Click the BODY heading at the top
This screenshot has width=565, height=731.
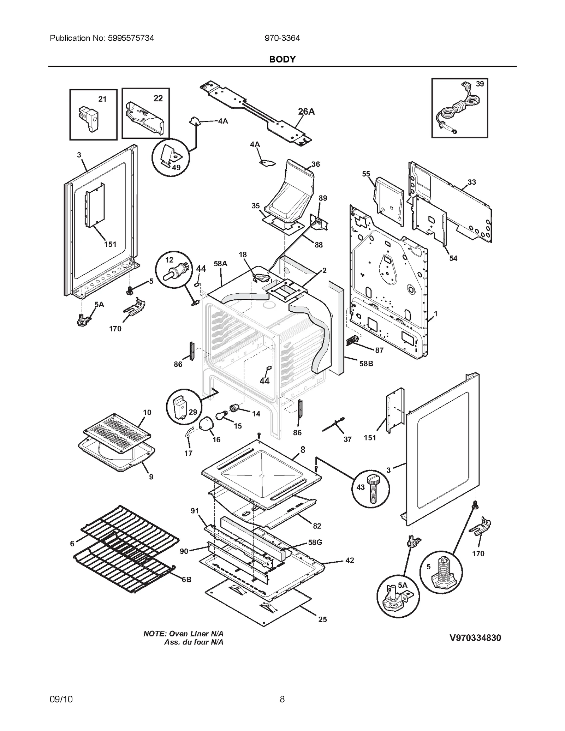[282, 59]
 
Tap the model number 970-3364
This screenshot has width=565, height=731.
[282, 38]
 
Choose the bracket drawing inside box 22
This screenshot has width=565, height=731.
[145, 118]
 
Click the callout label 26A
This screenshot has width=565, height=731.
[306, 112]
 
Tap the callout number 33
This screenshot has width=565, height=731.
[472, 182]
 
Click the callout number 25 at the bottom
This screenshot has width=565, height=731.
[322, 619]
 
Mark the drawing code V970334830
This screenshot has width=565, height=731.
[475, 637]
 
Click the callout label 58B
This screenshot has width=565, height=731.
[366, 364]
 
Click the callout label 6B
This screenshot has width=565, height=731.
[186, 580]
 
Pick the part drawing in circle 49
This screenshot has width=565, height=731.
[169, 156]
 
